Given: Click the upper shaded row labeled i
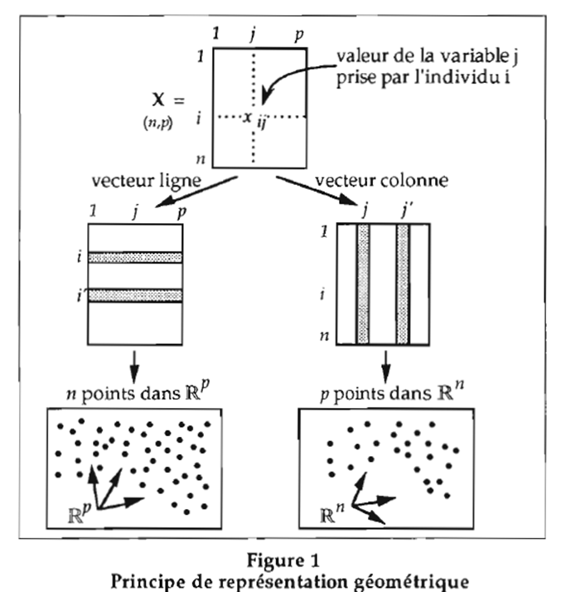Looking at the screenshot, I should coord(134,257).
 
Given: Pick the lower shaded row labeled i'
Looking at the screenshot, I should coord(134,294).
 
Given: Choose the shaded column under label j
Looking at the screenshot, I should coord(362,284).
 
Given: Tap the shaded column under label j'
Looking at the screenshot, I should coord(403,284).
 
